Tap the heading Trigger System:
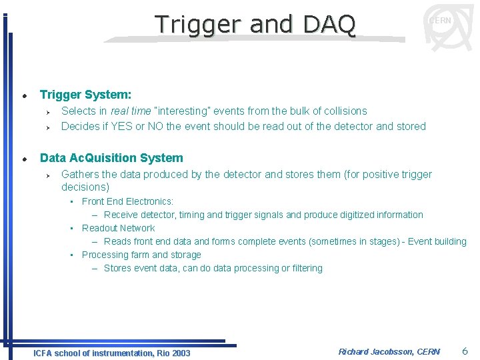85,95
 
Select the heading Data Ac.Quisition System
111,158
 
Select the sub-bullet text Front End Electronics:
127,201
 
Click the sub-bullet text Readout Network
118,228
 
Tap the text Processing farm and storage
141,255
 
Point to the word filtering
306,268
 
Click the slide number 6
465,351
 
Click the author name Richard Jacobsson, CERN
389,351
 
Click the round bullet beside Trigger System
23,96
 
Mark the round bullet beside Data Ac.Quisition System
23,159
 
